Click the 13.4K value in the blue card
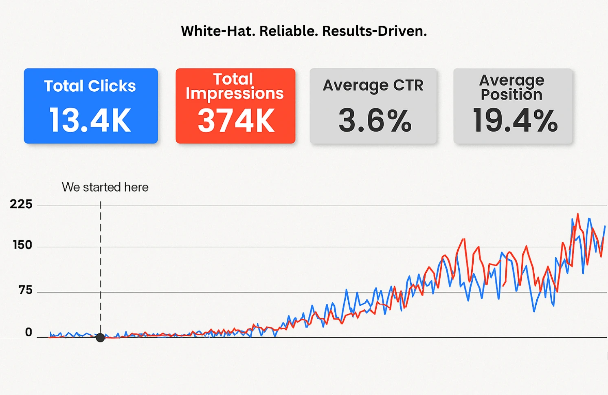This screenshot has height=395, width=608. [x=90, y=120]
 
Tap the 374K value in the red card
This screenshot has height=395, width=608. [x=236, y=121]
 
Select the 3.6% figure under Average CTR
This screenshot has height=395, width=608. [x=375, y=121]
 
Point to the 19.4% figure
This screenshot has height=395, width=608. [x=515, y=121]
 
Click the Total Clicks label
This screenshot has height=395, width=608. [x=90, y=86]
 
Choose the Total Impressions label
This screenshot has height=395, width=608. [x=235, y=86]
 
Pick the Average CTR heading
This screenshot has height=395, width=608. [x=373, y=85]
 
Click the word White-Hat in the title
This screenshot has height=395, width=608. [x=218, y=31]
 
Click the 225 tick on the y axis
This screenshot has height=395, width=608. [x=21, y=204]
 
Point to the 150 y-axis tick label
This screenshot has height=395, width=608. [x=22, y=245]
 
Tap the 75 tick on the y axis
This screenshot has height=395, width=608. [x=25, y=290]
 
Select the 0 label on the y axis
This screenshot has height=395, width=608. [x=29, y=332]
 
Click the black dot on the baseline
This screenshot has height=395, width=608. [x=100, y=338]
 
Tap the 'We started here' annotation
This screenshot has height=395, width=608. [x=105, y=187]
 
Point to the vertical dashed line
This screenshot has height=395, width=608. [x=101, y=265]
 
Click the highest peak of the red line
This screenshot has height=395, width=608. [x=577, y=214]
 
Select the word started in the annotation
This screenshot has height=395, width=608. [x=102, y=187]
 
